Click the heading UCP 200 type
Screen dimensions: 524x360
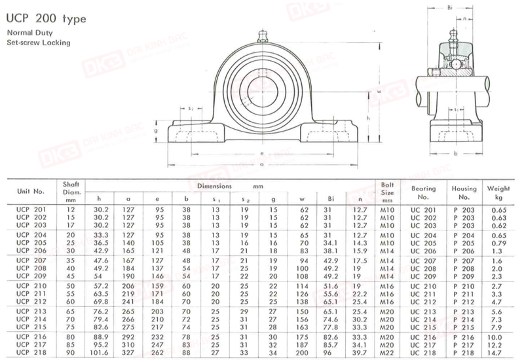46,18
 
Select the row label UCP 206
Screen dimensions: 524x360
31,251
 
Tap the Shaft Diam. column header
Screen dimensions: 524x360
71,192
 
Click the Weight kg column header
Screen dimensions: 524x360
498,192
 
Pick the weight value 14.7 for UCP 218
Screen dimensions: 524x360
496,353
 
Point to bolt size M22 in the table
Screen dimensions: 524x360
387,353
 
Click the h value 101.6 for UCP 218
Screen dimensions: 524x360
99,353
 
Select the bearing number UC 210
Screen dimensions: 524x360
423,287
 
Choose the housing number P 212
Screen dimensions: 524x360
464,302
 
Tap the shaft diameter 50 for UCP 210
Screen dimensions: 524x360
71,286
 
